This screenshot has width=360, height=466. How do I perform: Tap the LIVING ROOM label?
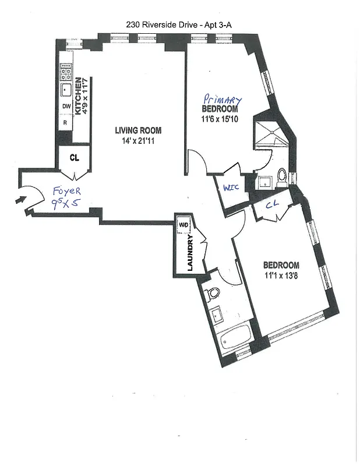pos(138,130)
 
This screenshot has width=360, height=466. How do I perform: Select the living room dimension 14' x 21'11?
pos(138,140)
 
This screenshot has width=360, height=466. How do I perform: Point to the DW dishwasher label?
pos(66,107)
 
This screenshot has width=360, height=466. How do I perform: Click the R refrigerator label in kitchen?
pos(66,123)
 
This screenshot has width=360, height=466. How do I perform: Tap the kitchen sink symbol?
pos(66,90)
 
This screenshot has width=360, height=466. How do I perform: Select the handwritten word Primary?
pos(221,100)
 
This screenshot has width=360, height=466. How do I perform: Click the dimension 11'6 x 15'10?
pos(220,119)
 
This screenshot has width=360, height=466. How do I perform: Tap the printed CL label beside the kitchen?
pos(74,157)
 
